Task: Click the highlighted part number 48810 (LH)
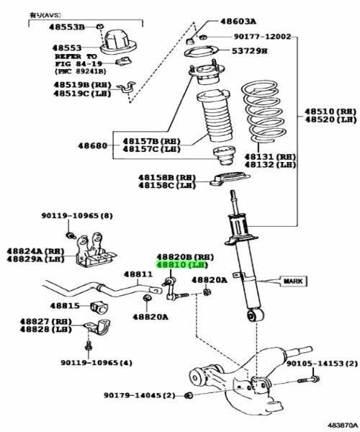click(x=181, y=265)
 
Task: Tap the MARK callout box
click(x=293, y=282)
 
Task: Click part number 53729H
click(x=250, y=51)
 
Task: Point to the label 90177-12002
click(x=262, y=37)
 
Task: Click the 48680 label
click(x=93, y=145)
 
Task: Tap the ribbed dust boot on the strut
click(x=215, y=115)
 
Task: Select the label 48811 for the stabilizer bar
click(x=138, y=274)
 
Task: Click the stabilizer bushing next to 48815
click(x=99, y=308)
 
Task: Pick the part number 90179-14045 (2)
click(x=140, y=395)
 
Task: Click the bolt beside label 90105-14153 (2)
click(x=308, y=380)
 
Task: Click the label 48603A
click(x=238, y=21)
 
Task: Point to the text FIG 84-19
click(x=78, y=63)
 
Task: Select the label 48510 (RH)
click(x=330, y=112)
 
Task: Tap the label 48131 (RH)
click(x=270, y=157)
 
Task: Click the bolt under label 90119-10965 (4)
click(x=88, y=346)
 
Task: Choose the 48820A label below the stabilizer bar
click(x=150, y=317)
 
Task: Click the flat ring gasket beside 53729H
click(x=202, y=52)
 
